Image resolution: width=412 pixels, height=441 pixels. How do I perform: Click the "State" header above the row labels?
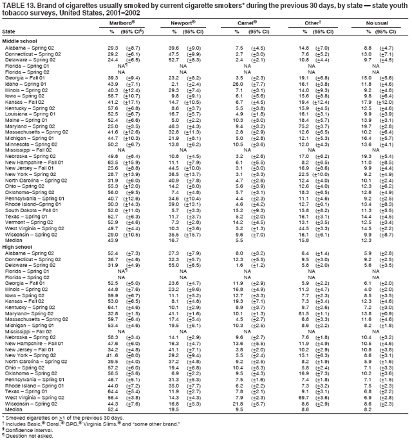click(9, 31)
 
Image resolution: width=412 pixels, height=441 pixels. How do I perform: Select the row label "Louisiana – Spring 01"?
click(30, 113)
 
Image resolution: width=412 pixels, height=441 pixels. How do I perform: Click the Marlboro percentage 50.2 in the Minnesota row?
click(114, 144)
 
